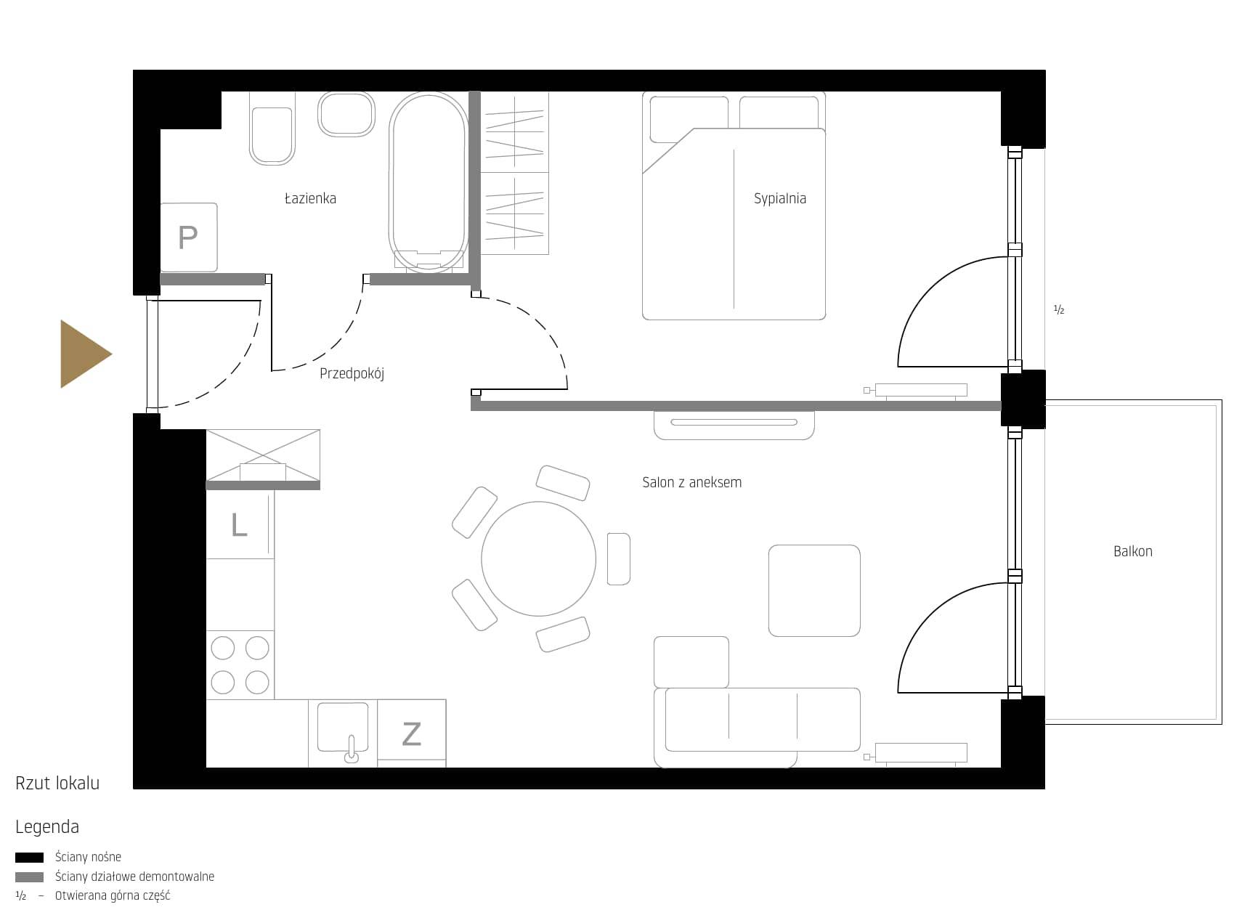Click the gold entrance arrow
[x=84, y=354]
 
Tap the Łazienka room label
[x=311, y=198]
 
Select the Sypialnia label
[x=779, y=198]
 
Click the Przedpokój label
[x=352, y=373]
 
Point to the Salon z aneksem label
[x=692, y=482]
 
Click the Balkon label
[x=1133, y=551]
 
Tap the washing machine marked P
[x=189, y=237]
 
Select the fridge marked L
[x=240, y=525]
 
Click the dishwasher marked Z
[x=411, y=733]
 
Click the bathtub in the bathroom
[x=429, y=182]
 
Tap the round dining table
[x=538, y=558]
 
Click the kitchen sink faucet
[x=352, y=749]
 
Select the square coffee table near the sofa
[x=814, y=590]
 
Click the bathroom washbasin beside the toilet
[x=346, y=114]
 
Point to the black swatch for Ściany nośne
[x=29, y=858]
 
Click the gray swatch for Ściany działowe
[x=29, y=877]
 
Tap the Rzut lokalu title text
[x=57, y=783]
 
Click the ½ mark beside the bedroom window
[x=1059, y=309]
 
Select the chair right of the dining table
[x=619, y=558]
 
